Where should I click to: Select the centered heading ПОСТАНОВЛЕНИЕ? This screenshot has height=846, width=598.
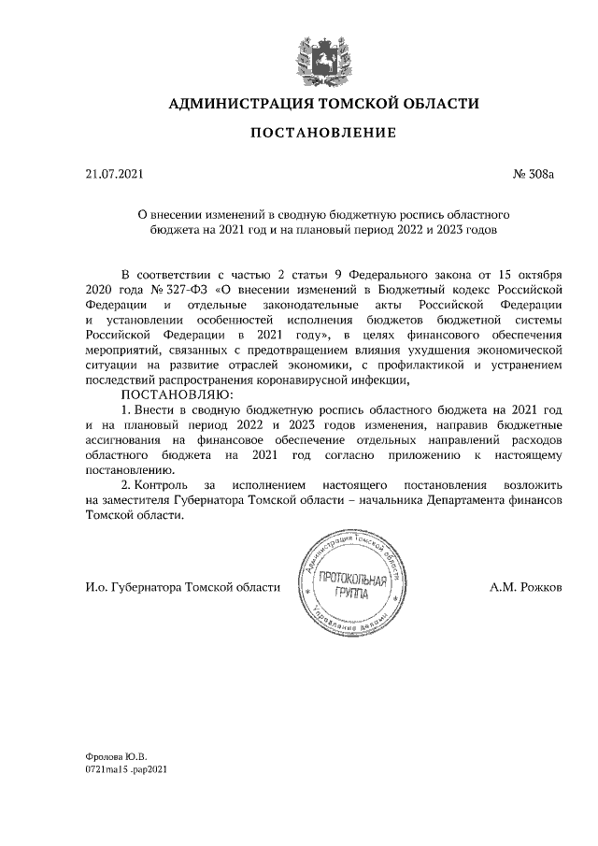tap(322, 134)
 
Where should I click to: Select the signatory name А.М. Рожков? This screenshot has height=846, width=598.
tap(526, 586)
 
